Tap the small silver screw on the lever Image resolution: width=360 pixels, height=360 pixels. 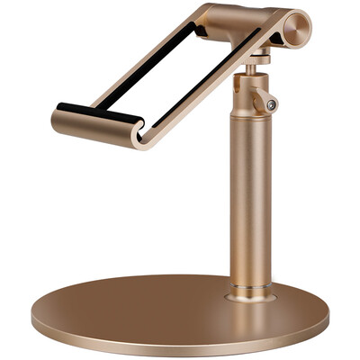point(271,105)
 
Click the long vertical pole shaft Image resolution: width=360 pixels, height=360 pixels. point(249,198)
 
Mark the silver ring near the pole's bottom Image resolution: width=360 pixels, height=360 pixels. point(249,289)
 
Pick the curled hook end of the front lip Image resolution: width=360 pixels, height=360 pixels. point(139,134)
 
